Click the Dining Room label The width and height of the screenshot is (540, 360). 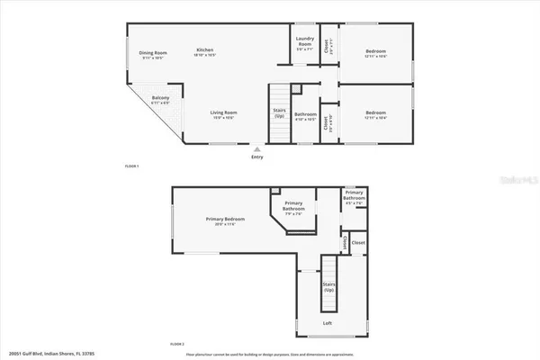coord(152,53)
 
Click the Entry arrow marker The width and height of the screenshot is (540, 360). coord(258,148)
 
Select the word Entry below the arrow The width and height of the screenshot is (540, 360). coord(259,157)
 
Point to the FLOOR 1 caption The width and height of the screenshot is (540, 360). coord(132,167)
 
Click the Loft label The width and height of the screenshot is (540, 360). coord(328,322)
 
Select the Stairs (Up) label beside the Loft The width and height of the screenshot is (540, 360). coord(329,287)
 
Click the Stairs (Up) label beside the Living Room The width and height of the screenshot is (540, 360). coord(280,113)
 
